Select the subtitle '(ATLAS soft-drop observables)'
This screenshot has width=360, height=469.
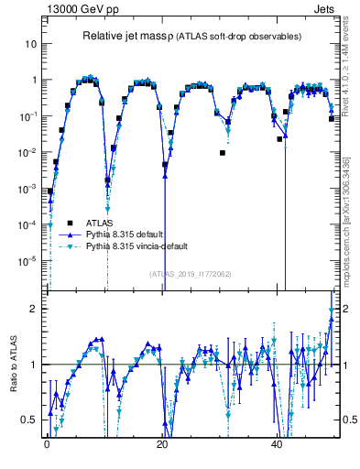(239, 37)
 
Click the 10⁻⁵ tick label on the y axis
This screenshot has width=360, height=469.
(28, 260)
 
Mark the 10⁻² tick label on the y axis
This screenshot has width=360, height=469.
(28, 152)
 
